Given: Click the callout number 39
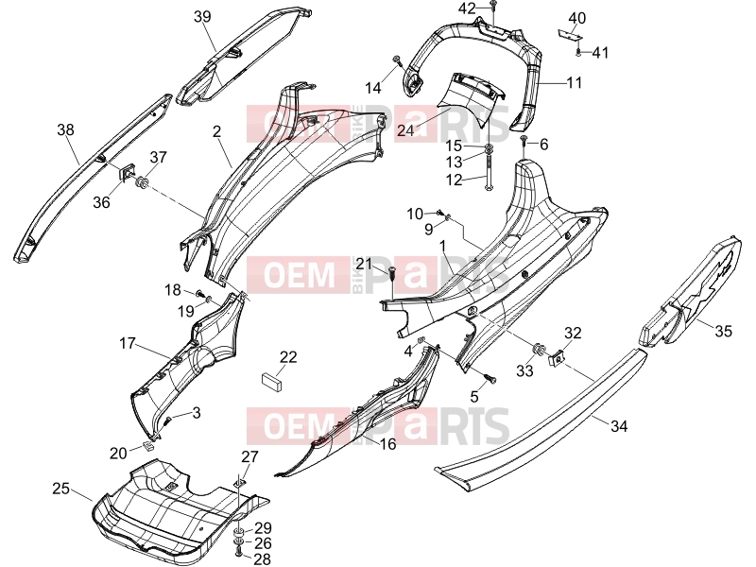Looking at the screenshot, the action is click(202, 17).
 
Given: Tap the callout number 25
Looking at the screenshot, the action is click(61, 489).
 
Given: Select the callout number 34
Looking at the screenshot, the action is click(619, 426).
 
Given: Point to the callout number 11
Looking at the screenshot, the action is click(575, 82).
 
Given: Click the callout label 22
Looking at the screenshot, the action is click(288, 357).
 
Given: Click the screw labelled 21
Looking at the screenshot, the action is click(392, 273).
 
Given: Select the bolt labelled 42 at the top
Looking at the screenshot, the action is click(492, 6).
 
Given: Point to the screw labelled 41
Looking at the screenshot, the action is click(579, 52).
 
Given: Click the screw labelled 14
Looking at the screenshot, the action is click(397, 60).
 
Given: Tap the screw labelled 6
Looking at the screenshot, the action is click(524, 141).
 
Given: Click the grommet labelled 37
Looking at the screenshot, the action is click(143, 183).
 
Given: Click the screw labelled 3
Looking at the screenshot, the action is click(169, 421).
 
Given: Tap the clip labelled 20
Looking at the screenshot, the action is click(148, 445).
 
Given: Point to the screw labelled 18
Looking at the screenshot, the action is click(200, 293).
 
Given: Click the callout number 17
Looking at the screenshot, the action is click(128, 343).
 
